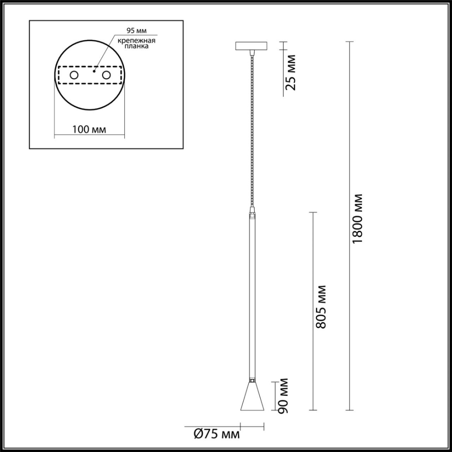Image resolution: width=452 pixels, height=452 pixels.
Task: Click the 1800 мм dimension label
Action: [357, 218]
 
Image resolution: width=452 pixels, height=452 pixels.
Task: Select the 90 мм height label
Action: [284, 396]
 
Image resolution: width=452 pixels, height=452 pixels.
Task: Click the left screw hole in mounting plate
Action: [74, 75]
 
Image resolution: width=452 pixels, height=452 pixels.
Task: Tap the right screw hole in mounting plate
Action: [106, 75]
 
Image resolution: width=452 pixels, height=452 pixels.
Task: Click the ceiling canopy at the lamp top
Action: [251, 46]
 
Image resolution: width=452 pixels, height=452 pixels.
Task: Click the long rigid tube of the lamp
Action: [252, 294]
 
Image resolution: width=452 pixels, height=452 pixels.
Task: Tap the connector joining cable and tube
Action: [252, 213]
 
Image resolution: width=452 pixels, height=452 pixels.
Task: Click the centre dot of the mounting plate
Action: [95, 70]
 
